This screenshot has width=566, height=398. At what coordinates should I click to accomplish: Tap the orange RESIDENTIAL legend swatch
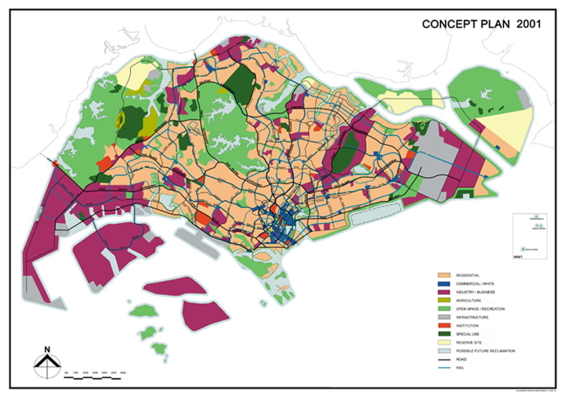[444, 275]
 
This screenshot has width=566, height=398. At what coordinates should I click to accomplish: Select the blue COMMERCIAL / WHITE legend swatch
[444, 284]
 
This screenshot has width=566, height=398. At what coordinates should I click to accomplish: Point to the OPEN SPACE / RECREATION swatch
[444, 309]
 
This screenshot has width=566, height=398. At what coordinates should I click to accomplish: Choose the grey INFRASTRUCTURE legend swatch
[444, 317]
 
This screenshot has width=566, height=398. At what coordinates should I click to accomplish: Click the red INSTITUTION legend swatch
[444, 325]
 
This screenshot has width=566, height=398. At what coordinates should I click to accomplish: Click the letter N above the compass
[47, 349]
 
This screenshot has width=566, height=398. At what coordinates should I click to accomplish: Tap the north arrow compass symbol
[47, 365]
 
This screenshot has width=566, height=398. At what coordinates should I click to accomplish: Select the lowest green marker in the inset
[524, 248]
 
